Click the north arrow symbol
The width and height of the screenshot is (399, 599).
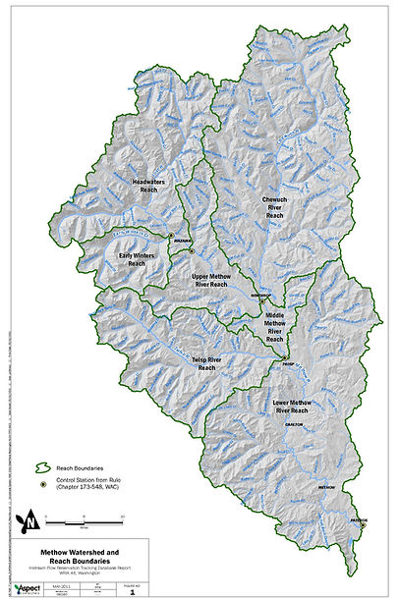tap(34, 517)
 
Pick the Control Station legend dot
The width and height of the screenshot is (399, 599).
tap(44, 483)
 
